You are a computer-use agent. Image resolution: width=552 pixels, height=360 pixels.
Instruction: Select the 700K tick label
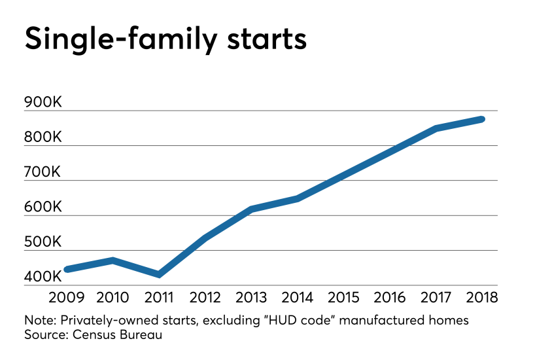43,172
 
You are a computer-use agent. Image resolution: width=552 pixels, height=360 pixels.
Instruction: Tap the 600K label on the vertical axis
43,207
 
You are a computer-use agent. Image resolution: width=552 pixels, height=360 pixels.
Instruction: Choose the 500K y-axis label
43,242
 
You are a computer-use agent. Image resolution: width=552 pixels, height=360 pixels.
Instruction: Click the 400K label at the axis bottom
43,277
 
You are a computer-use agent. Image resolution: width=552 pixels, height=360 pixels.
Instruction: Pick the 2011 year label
159,296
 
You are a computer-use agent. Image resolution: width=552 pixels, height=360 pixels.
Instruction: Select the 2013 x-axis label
251,296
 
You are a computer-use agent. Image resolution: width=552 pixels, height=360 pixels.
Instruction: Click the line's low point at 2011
159,274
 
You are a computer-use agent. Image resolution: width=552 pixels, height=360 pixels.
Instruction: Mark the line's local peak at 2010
113,261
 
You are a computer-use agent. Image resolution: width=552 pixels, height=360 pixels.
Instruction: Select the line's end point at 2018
481,119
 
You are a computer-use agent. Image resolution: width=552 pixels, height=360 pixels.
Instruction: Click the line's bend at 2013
251,209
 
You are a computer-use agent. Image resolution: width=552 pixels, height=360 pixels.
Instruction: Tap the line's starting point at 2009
66,269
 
